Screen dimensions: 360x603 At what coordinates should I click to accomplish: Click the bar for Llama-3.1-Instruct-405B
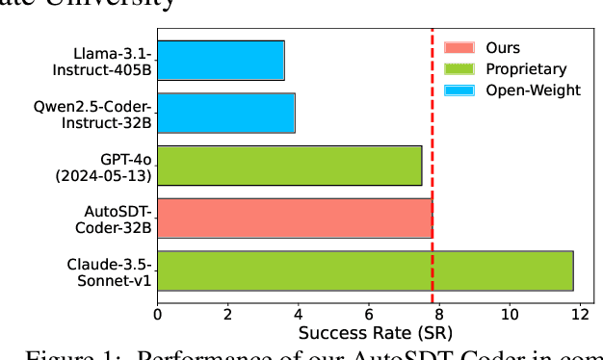pyautogui.click(x=221, y=60)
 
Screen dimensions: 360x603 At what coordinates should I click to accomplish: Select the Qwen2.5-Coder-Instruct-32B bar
pyautogui.click(x=226, y=113)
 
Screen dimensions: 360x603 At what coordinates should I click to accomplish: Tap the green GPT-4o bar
pyautogui.click(x=289, y=165)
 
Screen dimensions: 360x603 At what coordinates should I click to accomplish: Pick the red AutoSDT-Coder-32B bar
pyautogui.click(x=295, y=218)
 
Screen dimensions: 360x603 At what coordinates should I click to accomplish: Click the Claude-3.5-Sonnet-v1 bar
pyautogui.click(x=365, y=270)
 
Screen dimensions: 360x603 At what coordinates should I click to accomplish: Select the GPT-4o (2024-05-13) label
pyautogui.click(x=115, y=165)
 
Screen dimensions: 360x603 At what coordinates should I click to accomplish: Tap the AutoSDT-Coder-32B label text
pyautogui.click(x=113, y=218)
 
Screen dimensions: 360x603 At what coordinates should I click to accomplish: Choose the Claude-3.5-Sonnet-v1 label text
pyautogui.click(x=109, y=270)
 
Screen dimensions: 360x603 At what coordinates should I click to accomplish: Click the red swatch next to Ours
pyautogui.click(x=459, y=47)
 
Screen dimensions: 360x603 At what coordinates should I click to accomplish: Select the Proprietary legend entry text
pyautogui.click(x=526, y=68)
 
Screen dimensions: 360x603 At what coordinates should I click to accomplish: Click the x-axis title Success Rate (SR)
pyautogui.click(x=368, y=334)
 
